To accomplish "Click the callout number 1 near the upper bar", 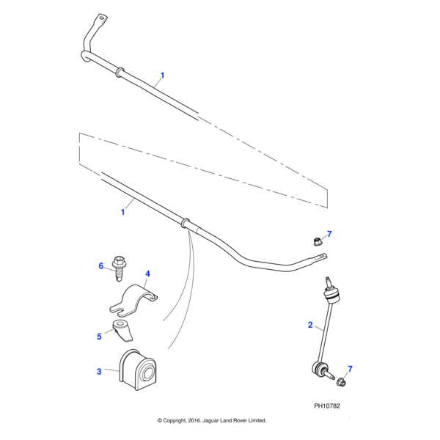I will click(162, 75).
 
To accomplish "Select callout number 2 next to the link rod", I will click(310, 324).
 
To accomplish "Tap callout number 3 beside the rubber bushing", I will click(99, 372).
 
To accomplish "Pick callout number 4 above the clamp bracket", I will click(147, 274).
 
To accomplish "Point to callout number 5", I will click(99, 337).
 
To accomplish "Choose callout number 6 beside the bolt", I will click(101, 266).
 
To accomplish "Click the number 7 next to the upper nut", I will click(329, 234).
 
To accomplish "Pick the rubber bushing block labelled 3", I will click(139, 373).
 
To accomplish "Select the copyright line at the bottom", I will click(212, 421).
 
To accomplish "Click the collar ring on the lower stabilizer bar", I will click(184, 221).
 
